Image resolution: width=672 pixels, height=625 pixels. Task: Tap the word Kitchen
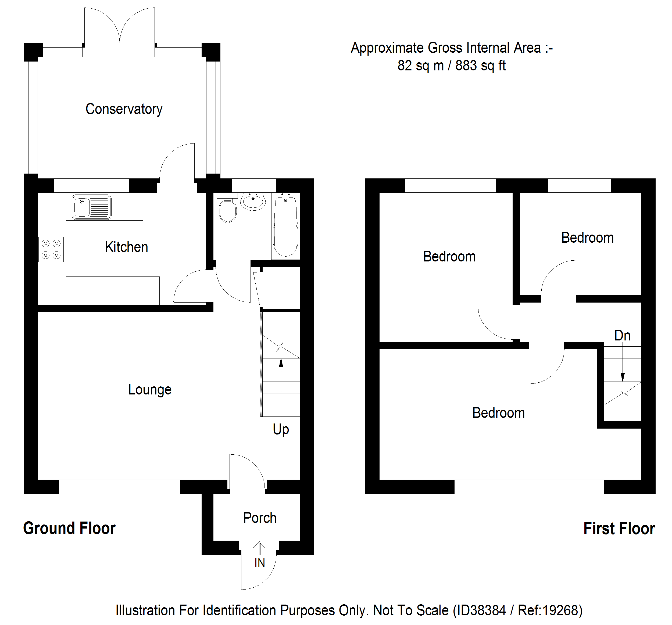pos(126,247)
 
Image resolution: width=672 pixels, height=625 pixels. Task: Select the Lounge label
pos(150,390)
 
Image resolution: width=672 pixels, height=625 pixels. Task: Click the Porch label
pos(260,518)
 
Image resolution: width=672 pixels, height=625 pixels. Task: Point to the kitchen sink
pos(92,207)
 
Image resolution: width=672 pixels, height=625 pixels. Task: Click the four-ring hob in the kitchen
pos(51,249)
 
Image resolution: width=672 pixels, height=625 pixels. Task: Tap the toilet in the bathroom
pos(227,210)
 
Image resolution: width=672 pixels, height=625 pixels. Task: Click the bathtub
pos(286,226)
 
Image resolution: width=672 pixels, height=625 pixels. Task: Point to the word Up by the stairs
pos(281,430)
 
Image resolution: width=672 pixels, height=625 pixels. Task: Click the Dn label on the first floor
pos(622,335)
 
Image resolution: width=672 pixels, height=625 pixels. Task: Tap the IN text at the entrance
pos(260,563)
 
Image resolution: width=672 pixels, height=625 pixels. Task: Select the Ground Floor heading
pos(69,528)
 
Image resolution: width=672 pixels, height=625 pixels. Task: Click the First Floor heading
pos(619,528)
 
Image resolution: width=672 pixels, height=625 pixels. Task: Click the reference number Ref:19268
pos(550,610)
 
